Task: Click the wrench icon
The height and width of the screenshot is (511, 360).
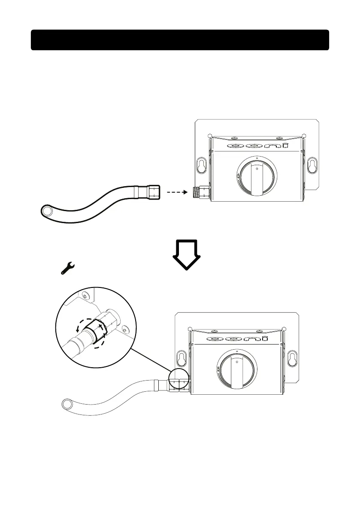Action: (x=67, y=269)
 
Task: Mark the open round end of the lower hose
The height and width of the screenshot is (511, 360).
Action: (x=67, y=404)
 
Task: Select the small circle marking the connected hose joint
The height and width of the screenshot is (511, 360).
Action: (x=178, y=380)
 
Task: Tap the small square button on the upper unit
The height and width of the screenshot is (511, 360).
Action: (x=285, y=146)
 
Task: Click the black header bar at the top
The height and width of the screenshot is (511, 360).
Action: (x=180, y=40)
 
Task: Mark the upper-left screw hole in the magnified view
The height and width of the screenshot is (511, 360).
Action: (x=85, y=296)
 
